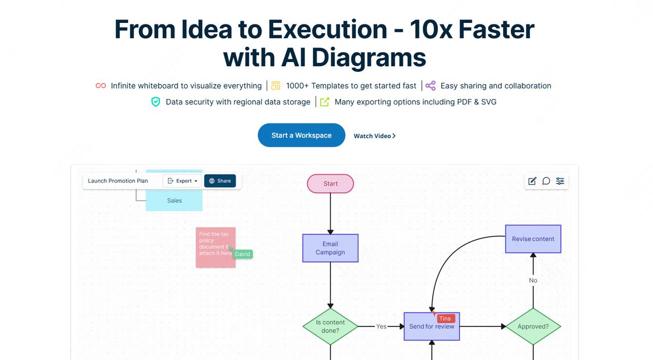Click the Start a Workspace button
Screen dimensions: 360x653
301,135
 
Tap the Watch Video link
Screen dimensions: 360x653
374,136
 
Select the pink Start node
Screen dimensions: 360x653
330,184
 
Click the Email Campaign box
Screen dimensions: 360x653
330,248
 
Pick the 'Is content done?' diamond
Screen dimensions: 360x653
330,326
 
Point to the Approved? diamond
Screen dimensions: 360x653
533,326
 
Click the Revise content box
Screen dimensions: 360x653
533,239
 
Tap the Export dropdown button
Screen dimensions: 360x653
183,181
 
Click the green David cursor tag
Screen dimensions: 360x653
243,254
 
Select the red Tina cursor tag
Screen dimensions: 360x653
445,319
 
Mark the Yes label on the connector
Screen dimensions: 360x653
381,326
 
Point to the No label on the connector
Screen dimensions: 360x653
533,281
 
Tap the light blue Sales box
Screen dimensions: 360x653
174,201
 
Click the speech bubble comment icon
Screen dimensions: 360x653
546,181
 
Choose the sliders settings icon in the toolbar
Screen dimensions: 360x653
560,181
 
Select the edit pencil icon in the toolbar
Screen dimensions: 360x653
532,181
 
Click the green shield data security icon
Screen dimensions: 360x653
156,102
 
